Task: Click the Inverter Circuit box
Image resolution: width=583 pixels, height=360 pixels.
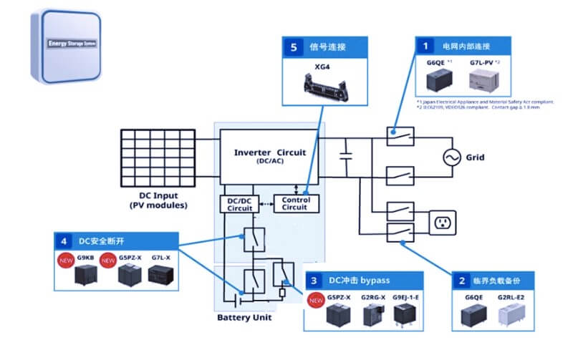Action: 270,156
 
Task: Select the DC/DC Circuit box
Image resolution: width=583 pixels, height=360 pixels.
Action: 235,203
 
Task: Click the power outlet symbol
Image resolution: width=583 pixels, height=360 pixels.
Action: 441,222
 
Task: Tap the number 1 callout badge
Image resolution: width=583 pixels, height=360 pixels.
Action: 425,46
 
